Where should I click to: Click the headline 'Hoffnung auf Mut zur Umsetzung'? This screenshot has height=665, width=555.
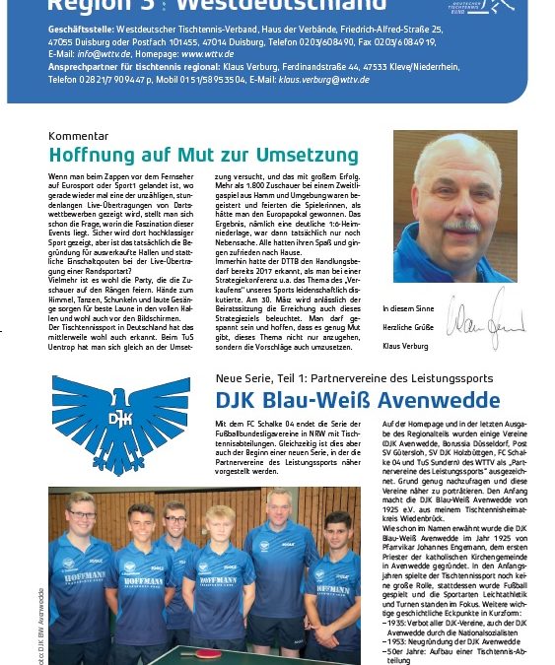point(203,156)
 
